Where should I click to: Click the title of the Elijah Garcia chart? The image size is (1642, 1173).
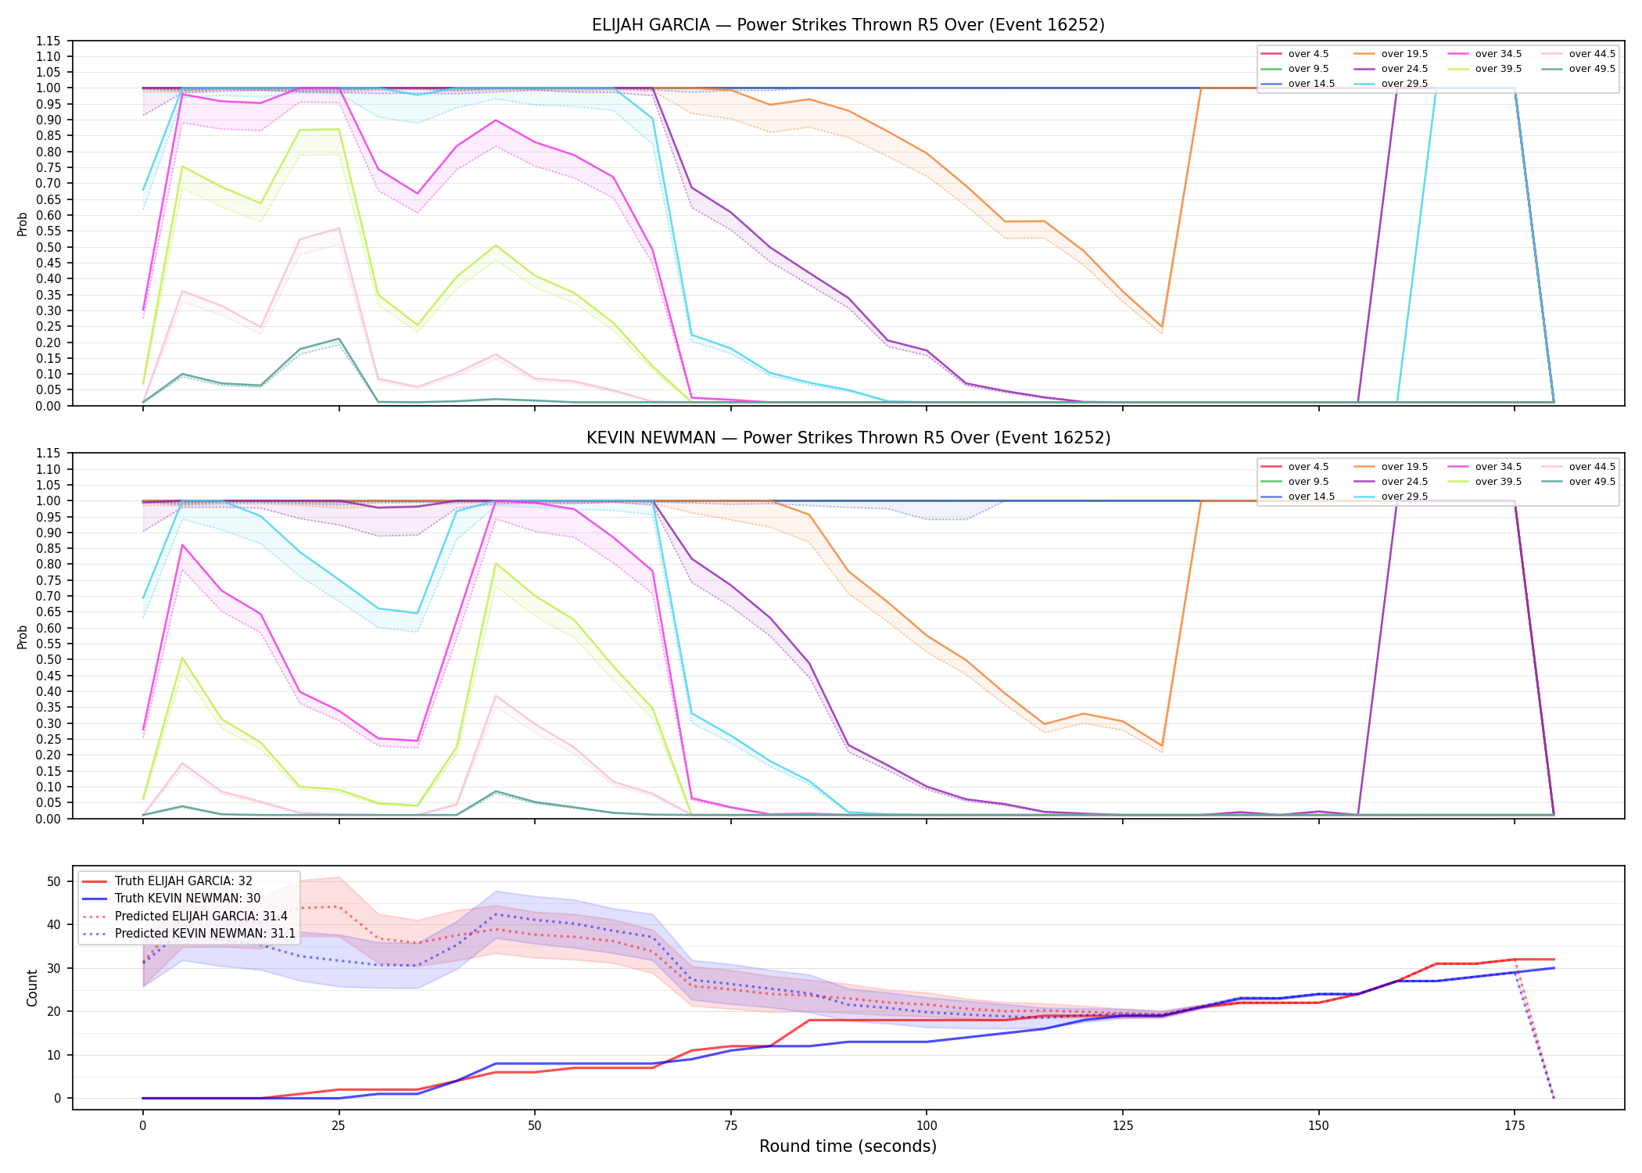click(x=848, y=25)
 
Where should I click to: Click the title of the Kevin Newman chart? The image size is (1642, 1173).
click(x=848, y=438)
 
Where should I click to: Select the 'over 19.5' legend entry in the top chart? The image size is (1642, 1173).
click(x=1391, y=54)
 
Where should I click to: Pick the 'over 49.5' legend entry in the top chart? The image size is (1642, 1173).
click(x=1579, y=69)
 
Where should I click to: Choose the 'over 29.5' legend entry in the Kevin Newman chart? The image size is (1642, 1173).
click(x=1391, y=497)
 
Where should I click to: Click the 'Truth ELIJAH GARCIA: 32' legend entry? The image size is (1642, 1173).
click(x=167, y=881)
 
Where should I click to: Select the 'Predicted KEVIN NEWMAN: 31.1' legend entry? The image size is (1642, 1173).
click(x=188, y=934)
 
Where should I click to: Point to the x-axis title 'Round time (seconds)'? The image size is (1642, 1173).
click(x=848, y=1146)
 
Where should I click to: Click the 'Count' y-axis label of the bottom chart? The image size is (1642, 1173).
click(x=32, y=988)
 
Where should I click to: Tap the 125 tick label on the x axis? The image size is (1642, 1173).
click(x=1122, y=1126)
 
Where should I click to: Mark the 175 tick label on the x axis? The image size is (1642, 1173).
click(x=1515, y=1126)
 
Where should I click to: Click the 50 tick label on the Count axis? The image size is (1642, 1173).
click(x=54, y=881)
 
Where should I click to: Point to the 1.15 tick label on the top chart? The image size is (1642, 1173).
click(x=48, y=41)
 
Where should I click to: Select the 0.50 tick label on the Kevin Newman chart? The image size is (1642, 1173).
click(x=48, y=659)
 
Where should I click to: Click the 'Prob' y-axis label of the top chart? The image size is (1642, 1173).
click(x=23, y=224)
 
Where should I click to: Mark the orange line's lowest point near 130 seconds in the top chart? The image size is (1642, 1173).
click(x=1162, y=327)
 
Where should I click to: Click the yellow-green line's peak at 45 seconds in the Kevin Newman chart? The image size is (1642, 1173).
click(x=496, y=563)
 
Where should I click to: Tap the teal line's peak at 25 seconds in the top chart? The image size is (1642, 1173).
click(x=339, y=339)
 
